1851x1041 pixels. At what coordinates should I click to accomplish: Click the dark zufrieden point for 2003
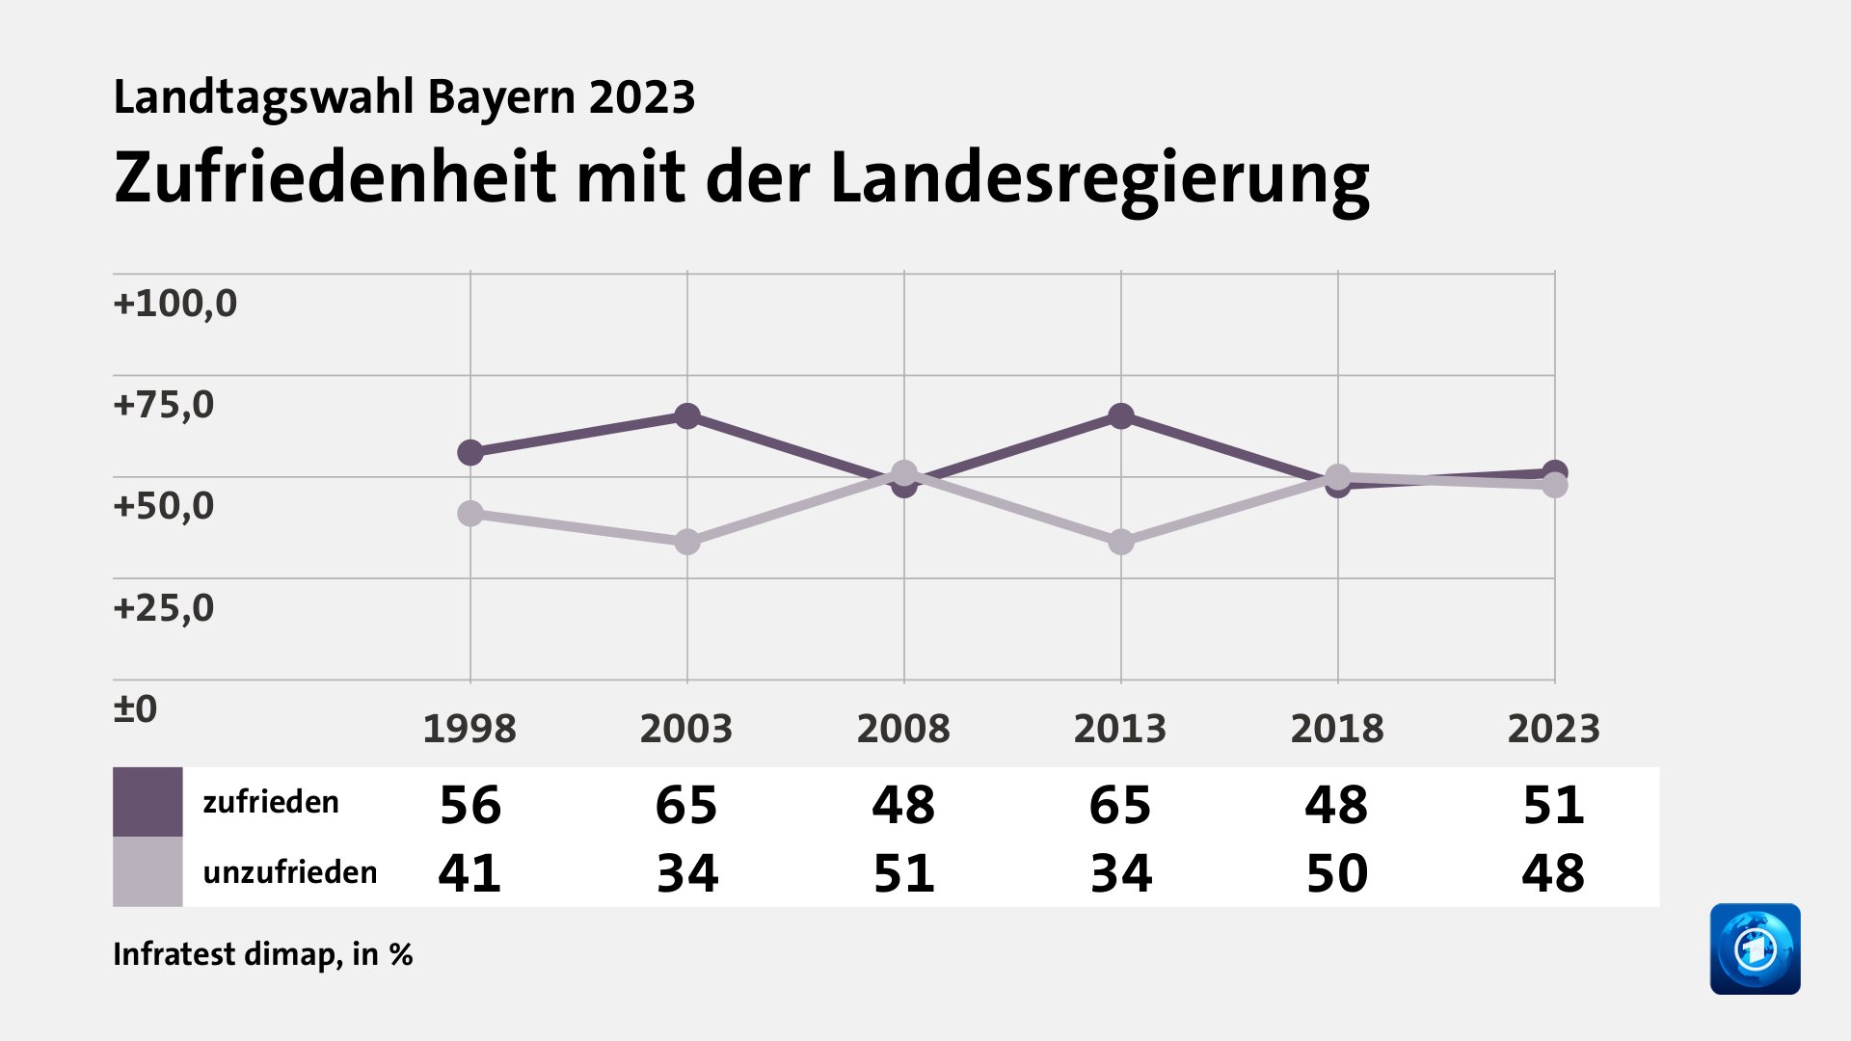[x=686, y=416]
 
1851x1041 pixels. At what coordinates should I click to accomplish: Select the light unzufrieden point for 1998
[x=469, y=514]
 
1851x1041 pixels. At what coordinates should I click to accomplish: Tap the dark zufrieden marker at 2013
[x=1120, y=416]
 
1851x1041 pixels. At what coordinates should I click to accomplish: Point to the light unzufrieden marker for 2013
[x=1120, y=542]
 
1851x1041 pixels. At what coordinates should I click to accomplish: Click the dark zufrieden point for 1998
[x=469, y=452]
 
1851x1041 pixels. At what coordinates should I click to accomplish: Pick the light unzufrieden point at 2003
[x=686, y=542]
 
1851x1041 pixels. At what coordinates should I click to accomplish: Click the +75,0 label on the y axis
[x=163, y=405]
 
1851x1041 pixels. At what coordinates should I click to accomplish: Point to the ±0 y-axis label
[x=135, y=709]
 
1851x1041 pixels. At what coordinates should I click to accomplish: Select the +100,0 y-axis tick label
[x=174, y=304]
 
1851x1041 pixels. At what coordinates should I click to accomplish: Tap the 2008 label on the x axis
[x=903, y=729]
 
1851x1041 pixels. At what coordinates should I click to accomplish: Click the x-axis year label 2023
[x=1553, y=729]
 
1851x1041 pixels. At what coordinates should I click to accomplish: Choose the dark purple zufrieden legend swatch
[x=148, y=802]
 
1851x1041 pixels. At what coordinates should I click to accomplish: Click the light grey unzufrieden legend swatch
[x=148, y=871]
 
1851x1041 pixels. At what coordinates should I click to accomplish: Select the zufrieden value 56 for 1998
[x=470, y=805]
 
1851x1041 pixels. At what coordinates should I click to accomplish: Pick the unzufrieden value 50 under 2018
[x=1336, y=874]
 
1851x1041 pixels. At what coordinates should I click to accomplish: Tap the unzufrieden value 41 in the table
[x=470, y=874]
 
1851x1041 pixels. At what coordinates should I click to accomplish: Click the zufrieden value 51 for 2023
[x=1553, y=805]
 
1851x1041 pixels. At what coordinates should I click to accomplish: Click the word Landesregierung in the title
[x=1099, y=179]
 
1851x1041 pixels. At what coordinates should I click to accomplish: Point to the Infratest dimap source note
[x=262, y=954]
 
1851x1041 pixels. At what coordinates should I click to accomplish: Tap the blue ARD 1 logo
[x=1755, y=948]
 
